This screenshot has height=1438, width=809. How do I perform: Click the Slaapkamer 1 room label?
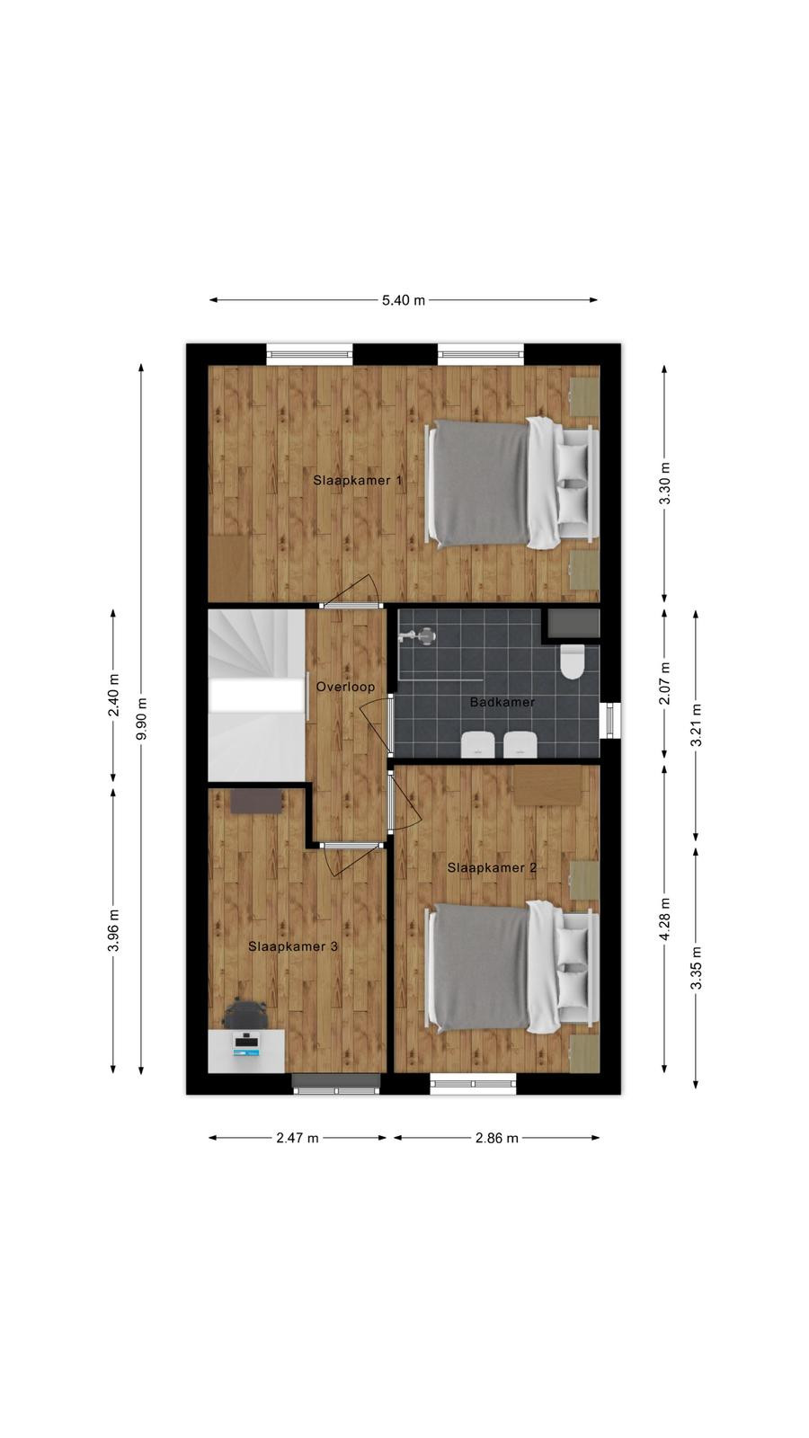[x=358, y=480]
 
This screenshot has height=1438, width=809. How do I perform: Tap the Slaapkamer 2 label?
[x=492, y=868]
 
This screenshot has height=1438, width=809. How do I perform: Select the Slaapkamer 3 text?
[x=293, y=946]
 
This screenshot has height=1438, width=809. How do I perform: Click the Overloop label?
[x=345, y=687]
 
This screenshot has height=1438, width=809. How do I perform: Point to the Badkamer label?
[x=502, y=702]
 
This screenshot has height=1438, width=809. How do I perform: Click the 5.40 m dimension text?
[x=404, y=300]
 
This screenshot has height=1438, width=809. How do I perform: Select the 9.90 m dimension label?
[x=142, y=718]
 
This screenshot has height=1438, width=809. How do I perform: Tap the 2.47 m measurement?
[x=298, y=1138]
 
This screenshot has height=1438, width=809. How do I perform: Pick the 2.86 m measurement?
[x=497, y=1138]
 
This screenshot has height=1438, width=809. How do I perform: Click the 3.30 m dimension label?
[x=664, y=484]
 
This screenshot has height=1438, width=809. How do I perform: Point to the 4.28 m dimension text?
[x=664, y=919]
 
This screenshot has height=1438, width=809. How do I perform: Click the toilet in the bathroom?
[x=572, y=661]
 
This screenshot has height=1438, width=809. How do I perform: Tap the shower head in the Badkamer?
[x=417, y=636]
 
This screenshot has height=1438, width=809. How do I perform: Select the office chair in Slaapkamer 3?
[x=244, y=1015]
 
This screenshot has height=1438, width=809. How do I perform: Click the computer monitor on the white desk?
[x=246, y=1044]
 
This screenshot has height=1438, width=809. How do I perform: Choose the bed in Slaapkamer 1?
[x=512, y=484]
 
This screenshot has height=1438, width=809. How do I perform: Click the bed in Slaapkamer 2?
[x=512, y=967]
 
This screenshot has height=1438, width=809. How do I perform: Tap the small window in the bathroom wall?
[x=610, y=720]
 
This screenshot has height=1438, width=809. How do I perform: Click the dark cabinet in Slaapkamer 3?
[x=256, y=802]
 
